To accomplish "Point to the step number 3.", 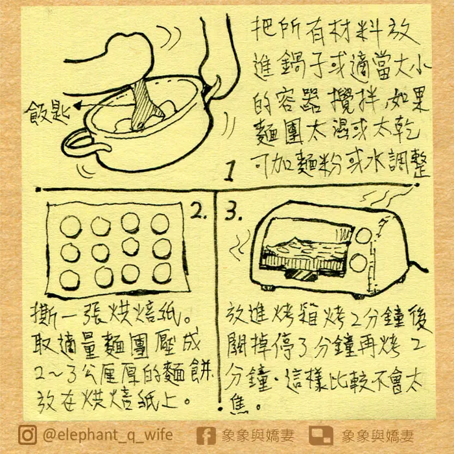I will (232, 211).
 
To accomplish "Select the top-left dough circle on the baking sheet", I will (71, 226).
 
